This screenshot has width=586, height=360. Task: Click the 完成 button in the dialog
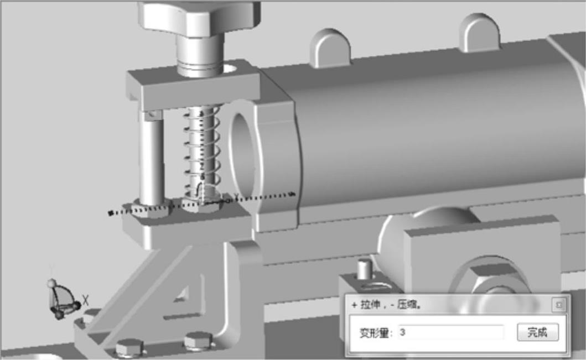click(x=538, y=332)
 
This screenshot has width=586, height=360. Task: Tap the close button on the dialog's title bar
click(x=559, y=305)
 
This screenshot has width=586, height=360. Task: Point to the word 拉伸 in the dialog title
click(x=370, y=305)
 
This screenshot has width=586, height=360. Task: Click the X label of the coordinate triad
click(x=86, y=300)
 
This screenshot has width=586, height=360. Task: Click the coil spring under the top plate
click(x=202, y=152)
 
